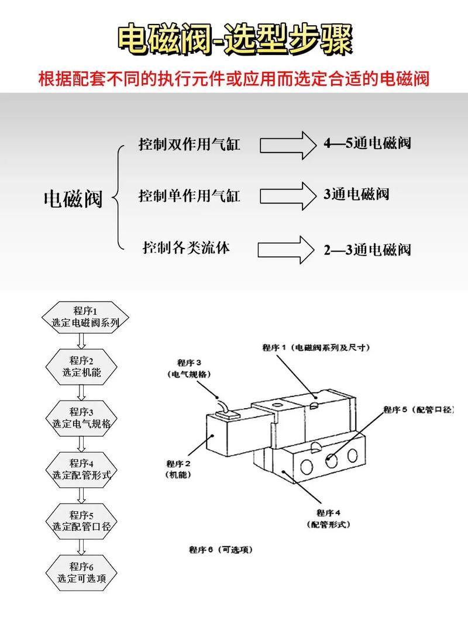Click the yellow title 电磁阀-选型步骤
click(234, 39)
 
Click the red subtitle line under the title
click(234, 79)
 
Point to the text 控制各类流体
click(186, 247)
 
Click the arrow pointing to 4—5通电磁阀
click(287, 144)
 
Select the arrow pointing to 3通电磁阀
click(287, 195)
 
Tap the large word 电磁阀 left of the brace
click(73, 199)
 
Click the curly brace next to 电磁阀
click(119, 198)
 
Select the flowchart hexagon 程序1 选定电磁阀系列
click(81, 316)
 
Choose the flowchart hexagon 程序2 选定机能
click(81, 367)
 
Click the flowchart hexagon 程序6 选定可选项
click(81, 572)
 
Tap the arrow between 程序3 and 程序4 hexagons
click(81, 443)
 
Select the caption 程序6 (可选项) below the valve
click(220, 550)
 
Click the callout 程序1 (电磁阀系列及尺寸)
click(315, 347)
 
